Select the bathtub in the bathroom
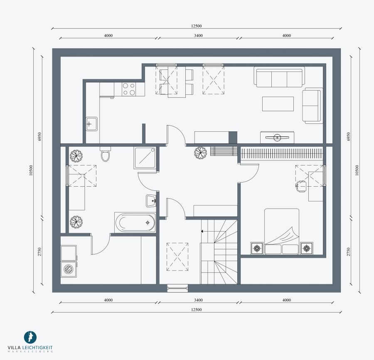click(135, 222)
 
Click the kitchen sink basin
click(91, 124)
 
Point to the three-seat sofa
click(279, 77)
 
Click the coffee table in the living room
click(278, 104)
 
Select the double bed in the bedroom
click(281, 232)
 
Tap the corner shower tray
click(145, 158)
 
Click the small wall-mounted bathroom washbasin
click(151, 201)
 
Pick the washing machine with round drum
click(69, 269)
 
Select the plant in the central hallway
click(200, 153)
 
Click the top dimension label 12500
click(196, 26)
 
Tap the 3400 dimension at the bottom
click(198, 300)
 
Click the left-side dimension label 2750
click(39, 252)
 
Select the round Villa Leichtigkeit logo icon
click(30, 337)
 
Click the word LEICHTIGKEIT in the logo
click(37, 348)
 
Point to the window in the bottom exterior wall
click(177, 288)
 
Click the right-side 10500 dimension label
click(357, 170)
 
